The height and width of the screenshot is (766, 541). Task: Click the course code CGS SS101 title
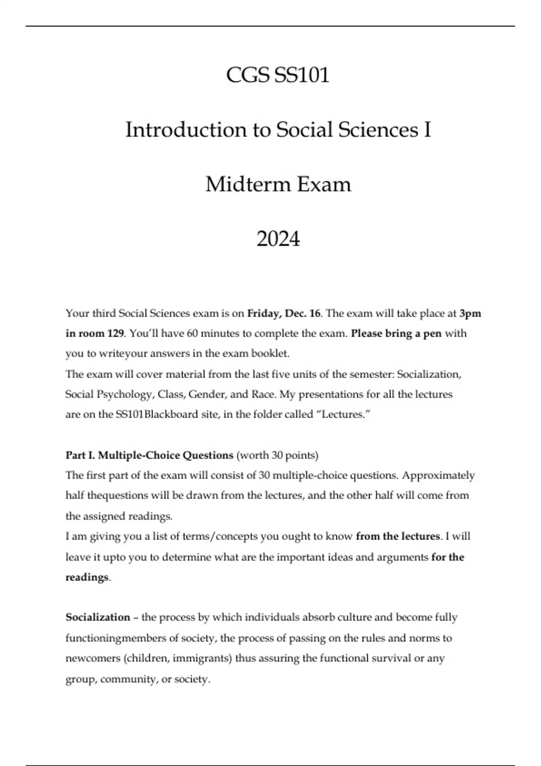click(278, 75)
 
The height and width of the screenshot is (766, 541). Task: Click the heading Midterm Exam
click(278, 184)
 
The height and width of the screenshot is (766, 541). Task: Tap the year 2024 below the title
click(278, 239)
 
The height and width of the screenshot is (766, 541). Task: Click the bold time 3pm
click(470, 313)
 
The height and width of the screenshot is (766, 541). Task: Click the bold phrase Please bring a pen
click(396, 333)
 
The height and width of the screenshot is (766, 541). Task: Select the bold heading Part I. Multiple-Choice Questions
click(149, 455)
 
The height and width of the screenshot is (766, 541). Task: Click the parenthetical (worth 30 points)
click(277, 455)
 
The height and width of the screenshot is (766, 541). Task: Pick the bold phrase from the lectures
click(397, 536)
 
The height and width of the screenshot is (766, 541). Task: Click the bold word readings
click(87, 577)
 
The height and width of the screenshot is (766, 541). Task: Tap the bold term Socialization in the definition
click(97, 617)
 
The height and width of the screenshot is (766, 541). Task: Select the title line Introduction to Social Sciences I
click(278, 130)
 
